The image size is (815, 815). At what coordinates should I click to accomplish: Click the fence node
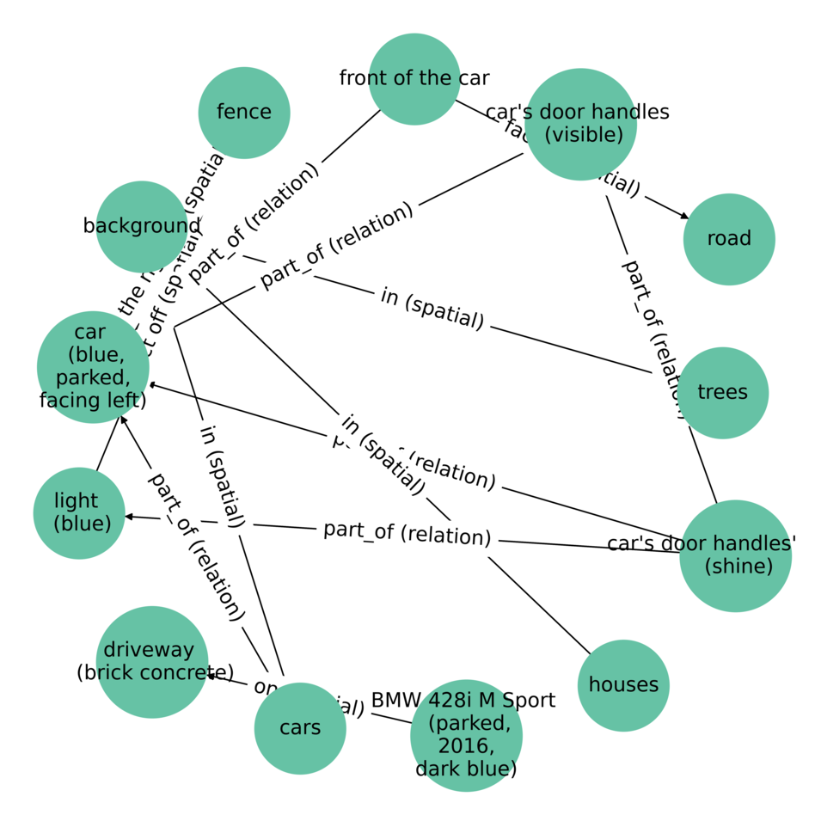pos(244,113)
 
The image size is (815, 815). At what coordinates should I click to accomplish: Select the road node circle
pos(729,239)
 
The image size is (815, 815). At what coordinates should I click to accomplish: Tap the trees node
pos(722,393)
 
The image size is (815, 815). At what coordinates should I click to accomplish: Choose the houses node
pos(623,685)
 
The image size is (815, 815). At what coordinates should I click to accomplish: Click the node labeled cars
pos(300,728)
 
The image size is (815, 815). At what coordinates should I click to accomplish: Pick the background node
pos(142,226)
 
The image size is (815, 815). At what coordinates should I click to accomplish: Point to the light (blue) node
pos(79,513)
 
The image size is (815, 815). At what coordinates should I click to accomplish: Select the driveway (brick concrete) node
pos(152,662)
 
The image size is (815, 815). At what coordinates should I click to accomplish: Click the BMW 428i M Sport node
pos(466,735)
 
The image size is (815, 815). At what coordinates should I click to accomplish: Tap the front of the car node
pos(414,79)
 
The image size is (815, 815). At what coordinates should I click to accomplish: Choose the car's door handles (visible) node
pos(580,124)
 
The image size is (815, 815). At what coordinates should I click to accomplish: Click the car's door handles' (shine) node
pos(735,555)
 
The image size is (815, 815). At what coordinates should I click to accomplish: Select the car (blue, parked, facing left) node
pos(93,367)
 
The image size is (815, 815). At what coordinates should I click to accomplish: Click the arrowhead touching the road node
pos(685,218)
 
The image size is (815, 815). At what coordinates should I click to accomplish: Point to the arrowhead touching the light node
pos(129,517)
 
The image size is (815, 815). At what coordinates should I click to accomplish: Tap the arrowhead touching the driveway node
pos(208,676)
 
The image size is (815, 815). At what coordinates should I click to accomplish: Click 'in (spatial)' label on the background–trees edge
pos(432,309)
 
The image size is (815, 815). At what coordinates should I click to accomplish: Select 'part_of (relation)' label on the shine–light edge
pos(407,532)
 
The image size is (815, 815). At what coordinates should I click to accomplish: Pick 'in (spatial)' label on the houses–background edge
pos(383,454)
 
